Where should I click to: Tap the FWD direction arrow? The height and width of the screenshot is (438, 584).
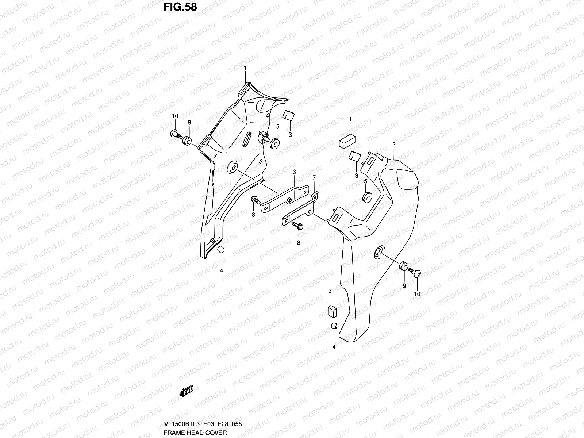(186, 391)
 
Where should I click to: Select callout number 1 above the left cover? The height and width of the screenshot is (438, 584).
(245, 68)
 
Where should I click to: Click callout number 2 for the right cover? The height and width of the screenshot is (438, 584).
(394, 145)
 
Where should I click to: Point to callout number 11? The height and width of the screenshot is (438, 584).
(348, 119)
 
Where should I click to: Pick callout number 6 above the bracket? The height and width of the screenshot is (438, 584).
(294, 172)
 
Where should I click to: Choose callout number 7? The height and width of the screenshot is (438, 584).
(314, 177)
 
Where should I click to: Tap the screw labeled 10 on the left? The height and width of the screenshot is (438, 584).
(176, 134)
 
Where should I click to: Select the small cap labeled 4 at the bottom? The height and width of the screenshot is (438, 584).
(334, 326)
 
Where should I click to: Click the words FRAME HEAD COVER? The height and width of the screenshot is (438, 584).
(195, 433)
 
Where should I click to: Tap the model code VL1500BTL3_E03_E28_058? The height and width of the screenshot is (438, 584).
(203, 424)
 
